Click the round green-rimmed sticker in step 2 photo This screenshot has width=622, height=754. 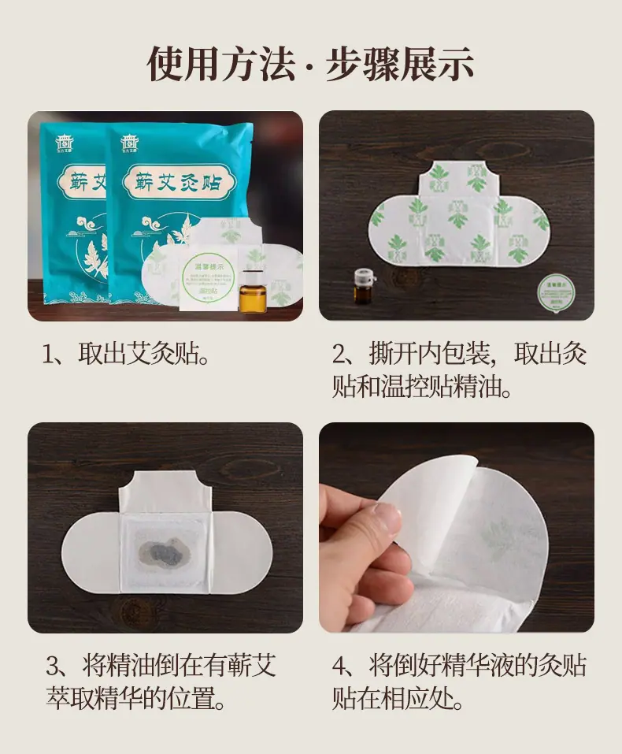pos(557,292)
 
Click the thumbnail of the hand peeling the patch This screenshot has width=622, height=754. pos(456,527)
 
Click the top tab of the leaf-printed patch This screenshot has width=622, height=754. pos(455,177)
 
